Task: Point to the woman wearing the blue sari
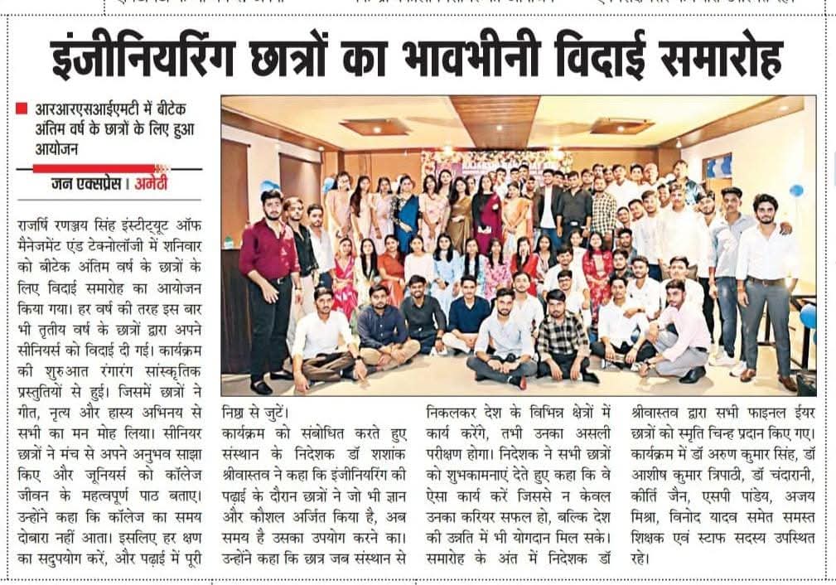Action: pyautogui.click(x=406, y=220)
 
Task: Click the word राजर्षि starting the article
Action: pyautogui.click(x=37, y=223)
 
